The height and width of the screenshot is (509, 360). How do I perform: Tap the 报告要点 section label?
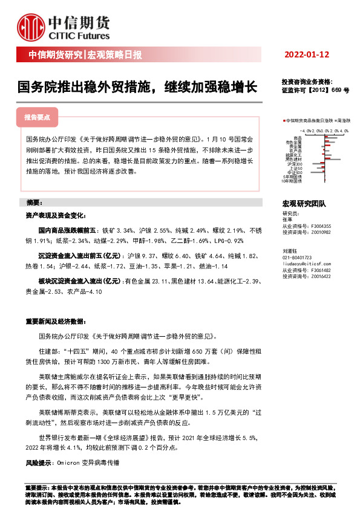point(37,117)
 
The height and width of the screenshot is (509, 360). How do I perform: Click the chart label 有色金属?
point(295,142)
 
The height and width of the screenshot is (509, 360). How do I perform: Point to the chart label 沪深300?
point(296,164)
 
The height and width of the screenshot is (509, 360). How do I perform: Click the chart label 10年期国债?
point(292,181)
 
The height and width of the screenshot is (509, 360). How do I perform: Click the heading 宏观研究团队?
point(304,204)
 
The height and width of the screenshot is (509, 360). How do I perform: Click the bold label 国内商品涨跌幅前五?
point(68,230)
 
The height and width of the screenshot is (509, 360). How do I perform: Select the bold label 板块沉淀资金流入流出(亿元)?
point(80,281)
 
